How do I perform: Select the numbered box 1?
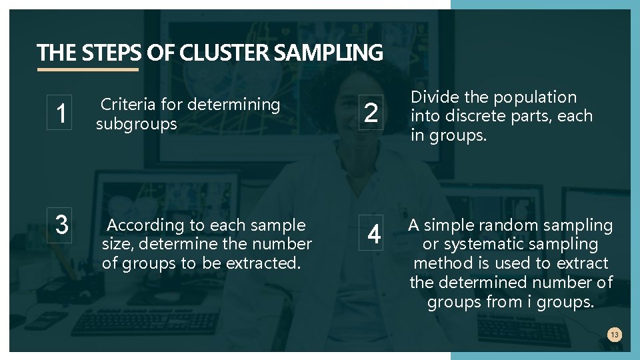61,113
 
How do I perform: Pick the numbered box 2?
371,113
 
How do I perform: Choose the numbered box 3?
61,224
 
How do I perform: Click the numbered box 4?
374,234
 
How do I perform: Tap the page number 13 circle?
615,335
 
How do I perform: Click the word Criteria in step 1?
127,105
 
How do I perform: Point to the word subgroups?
136,124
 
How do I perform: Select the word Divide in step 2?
434,97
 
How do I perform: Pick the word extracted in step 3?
263,263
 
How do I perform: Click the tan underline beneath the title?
88,69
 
